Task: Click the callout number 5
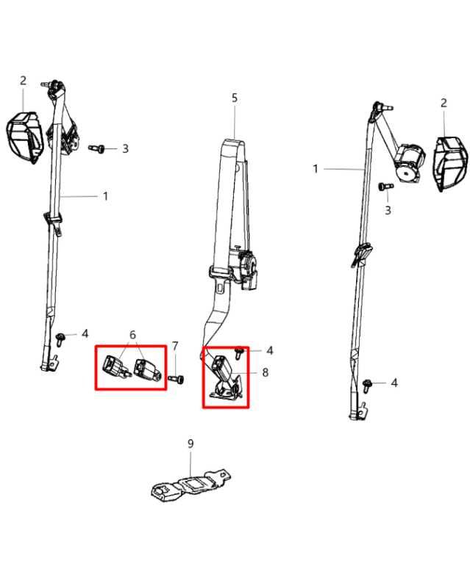pyautogui.click(x=235, y=98)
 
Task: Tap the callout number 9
pyautogui.click(x=191, y=444)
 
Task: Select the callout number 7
pyautogui.click(x=175, y=347)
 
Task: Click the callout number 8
pyautogui.click(x=265, y=372)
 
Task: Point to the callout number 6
pyautogui.click(x=132, y=335)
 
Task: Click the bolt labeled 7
pyautogui.click(x=176, y=379)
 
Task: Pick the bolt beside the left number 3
pyautogui.click(x=97, y=148)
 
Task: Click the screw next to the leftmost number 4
pyautogui.click(x=60, y=339)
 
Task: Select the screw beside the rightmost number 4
pyautogui.click(x=367, y=386)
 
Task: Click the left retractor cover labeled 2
pyautogui.click(x=24, y=137)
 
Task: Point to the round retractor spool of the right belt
pyautogui.click(x=409, y=162)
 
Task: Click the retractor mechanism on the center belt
pyautogui.click(x=244, y=268)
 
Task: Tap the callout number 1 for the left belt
pyautogui.click(x=105, y=196)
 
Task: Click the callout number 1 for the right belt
pyautogui.click(x=316, y=169)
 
